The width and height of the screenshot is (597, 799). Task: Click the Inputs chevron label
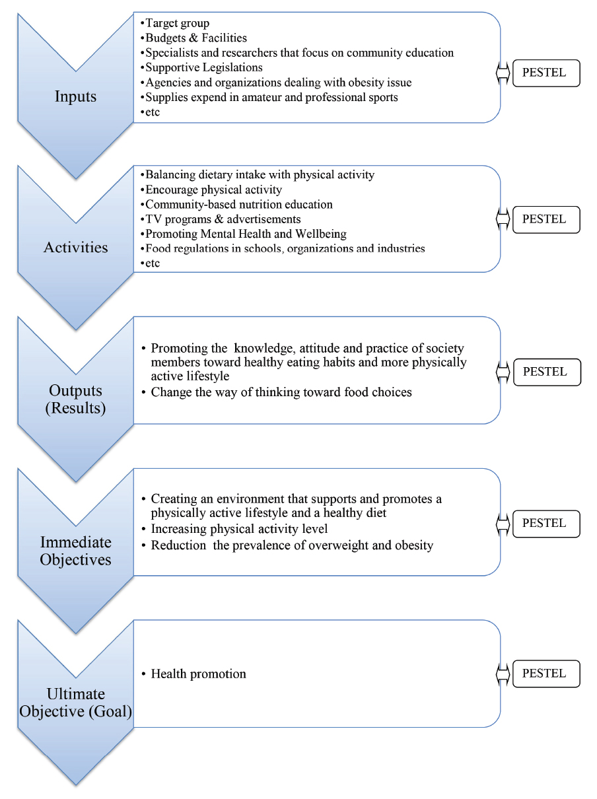(x=75, y=96)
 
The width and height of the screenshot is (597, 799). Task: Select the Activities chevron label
(x=75, y=248)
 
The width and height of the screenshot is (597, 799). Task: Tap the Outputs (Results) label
(x=75, y=398)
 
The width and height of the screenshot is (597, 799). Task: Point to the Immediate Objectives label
(x=75, y=551)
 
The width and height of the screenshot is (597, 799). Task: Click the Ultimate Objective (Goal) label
(x=75, y=703)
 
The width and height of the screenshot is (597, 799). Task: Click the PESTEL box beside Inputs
(x=545, y=73)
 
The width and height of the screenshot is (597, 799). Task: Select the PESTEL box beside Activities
(x=545, y=219)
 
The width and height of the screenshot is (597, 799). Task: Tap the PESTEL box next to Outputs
(x=545, y=372)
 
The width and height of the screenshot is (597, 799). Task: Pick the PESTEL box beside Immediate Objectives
(x=545, y=523)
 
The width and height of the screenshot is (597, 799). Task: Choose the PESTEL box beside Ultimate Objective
(x=545, y=674)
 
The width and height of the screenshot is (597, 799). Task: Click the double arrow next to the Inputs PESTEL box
(x=503, y=73)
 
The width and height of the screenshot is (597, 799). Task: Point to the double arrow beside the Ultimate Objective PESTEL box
(x=503, y=674)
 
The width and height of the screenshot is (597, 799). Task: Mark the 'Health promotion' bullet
(x=198, y=674)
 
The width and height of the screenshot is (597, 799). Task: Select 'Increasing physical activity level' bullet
(x=239, y=529)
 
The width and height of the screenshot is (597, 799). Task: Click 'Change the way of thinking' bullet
(x=281, y=392)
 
